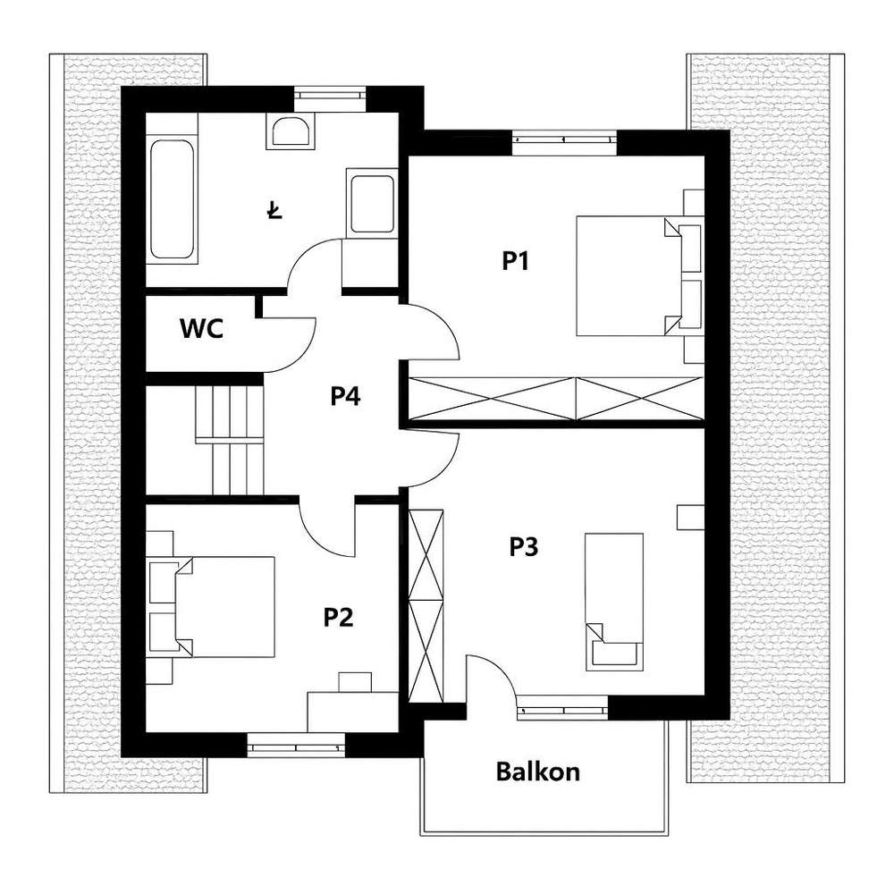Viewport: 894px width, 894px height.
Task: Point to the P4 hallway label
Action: click(345, 396)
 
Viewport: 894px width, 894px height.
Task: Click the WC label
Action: click(201, 329)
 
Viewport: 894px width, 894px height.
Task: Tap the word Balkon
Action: click(538, 771)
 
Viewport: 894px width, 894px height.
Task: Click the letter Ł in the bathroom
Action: click(274, 211)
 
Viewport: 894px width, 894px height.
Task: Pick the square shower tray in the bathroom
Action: click(371, 202)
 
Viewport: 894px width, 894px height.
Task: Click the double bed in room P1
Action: click(626, 275)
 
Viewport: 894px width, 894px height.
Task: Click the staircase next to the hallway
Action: click(231, 438)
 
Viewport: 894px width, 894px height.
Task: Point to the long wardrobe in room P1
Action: click(554, 398)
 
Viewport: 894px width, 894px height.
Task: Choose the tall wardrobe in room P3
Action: click(426, 605)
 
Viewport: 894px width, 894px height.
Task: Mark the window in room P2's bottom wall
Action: click(295, 743)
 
